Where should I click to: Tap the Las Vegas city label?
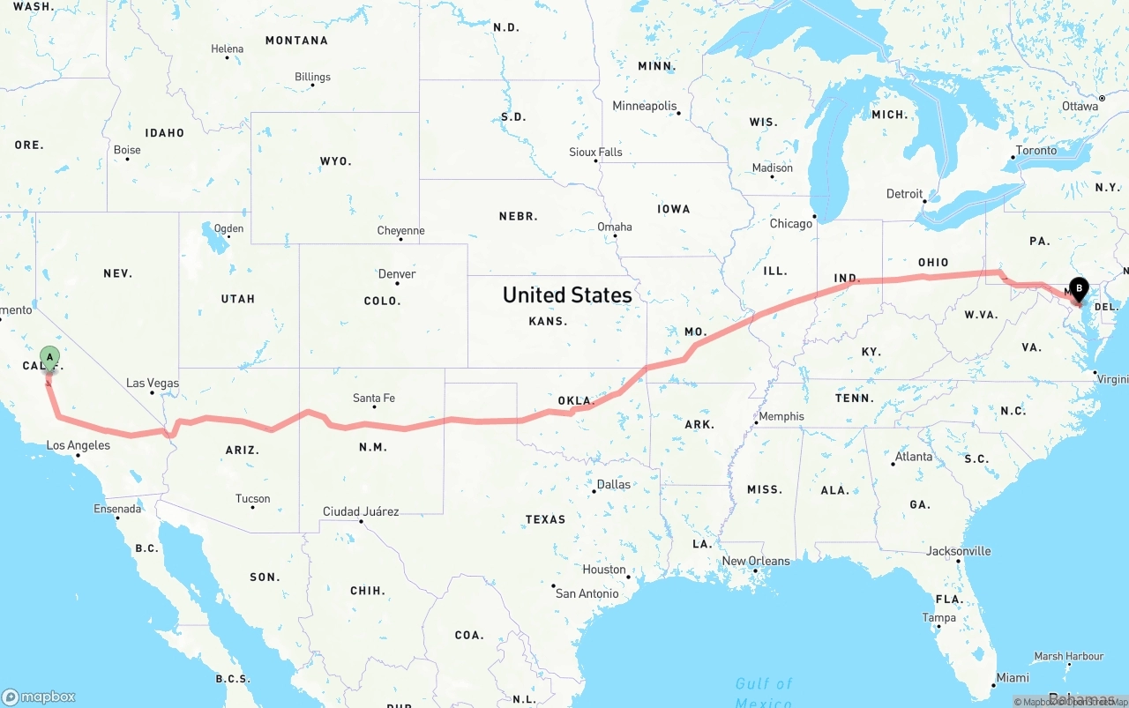click(153, 383)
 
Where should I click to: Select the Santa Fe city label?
click(374, 399)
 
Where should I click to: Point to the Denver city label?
click(397, 274)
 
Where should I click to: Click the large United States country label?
click(567, 294)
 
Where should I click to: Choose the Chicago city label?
click(791, 223)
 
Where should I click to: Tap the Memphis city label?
click(781, 416)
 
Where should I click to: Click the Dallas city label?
click(614, 484)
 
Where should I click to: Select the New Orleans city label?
click(757, 561)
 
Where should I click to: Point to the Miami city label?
click(1013, 678)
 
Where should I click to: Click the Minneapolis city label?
click(645, 106)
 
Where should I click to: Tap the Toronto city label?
click(1036, 151)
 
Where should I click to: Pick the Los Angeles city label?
click(79, 445)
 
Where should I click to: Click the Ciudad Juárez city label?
click(361, 511)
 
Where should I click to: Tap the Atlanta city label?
click(914, 457)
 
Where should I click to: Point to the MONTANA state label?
click(296, 41)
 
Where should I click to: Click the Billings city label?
click(312, 77)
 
